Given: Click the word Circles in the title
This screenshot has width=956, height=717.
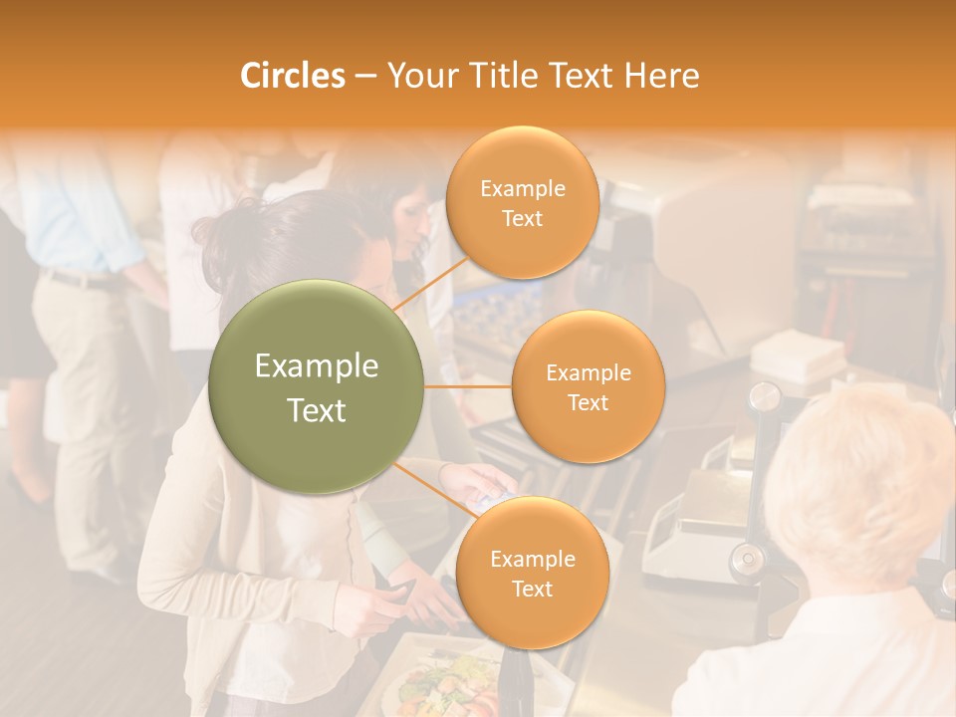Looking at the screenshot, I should coord(292,76).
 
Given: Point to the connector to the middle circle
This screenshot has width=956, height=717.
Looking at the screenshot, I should coord(468,386).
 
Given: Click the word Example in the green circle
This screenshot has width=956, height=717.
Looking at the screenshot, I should coord(317,366).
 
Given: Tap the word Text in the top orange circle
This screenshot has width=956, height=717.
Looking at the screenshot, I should coord(522,218).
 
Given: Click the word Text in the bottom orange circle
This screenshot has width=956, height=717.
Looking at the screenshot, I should coord(532,589).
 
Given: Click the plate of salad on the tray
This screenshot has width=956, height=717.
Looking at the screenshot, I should coord(443,682).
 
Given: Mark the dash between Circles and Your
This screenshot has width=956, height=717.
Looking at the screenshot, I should coord(365,76).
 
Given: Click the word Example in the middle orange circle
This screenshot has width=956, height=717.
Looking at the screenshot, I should coord(589,373).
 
